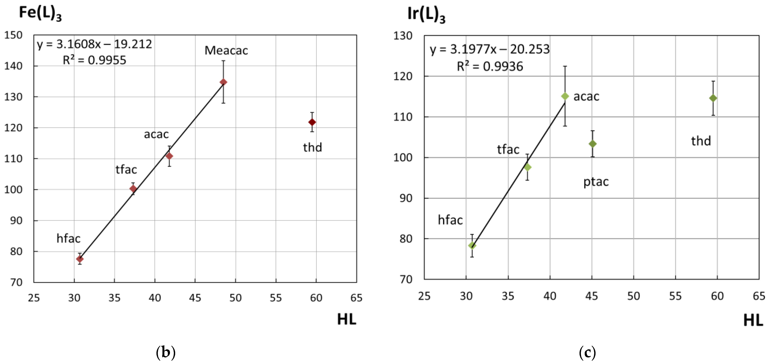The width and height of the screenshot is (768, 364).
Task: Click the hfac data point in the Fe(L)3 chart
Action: (80, 259)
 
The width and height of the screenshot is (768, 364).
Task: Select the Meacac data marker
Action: (223, 82)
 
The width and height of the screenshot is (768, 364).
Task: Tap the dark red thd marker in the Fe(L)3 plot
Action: (312, 122)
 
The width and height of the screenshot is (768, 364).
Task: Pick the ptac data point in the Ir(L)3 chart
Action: (592, 144)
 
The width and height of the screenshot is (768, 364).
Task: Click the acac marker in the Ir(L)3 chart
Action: (565, 96)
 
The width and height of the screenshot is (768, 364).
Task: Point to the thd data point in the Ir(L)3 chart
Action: (713, 98)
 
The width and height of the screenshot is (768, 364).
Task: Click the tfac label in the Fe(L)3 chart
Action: (126, 169)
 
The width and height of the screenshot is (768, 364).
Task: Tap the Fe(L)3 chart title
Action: (40, 14)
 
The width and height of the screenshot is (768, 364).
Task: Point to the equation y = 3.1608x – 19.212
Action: (94, 44)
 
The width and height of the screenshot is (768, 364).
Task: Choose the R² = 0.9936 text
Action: (490, 66)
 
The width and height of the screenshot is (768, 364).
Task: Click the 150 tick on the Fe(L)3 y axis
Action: (14, 35)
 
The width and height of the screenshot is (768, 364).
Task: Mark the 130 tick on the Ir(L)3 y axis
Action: (403, 36)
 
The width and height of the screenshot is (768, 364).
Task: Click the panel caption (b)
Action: (166, 352)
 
